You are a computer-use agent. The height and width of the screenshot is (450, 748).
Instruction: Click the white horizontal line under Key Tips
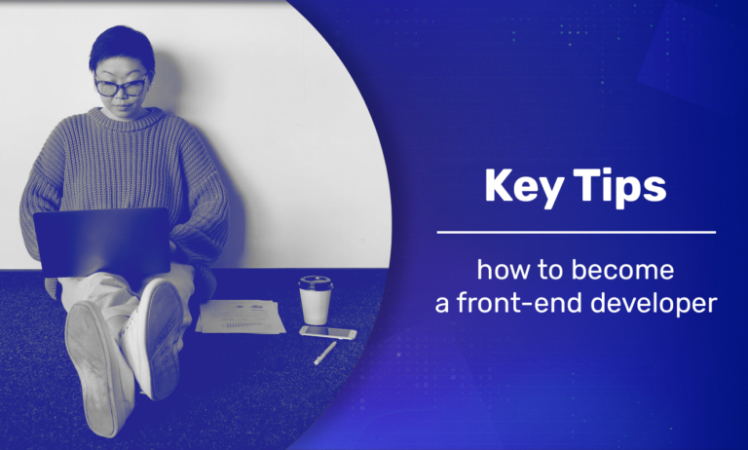pyautogui.click(x=576, y=233)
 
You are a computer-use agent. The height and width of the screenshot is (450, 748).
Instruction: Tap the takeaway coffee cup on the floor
pyautogui.click(x=315, y=301)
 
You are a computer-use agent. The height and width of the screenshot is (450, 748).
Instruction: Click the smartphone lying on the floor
pyautogui.click(x=327, y=332)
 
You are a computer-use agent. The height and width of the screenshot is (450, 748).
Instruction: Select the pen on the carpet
pyautogui.click(x=324, y=353)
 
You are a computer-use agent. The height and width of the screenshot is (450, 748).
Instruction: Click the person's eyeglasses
pyautogui.click(x=121, y=88)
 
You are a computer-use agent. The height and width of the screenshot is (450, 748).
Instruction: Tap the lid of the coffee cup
pyautogui.click(x=315, y=282)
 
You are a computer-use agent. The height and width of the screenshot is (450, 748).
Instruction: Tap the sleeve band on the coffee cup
pyautogui.click(x=315, y=303)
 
